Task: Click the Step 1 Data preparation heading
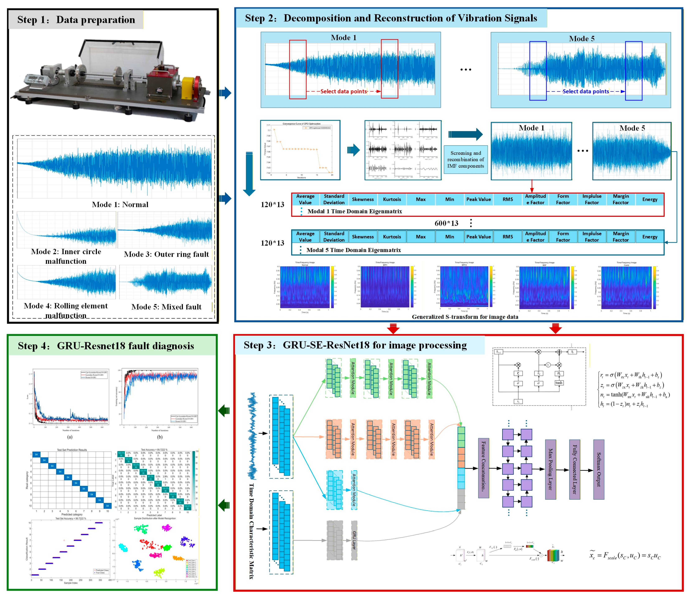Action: [x=76, y=20]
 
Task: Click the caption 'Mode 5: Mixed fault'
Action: [x=166, y=307]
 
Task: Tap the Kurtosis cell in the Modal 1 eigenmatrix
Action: [x=392, y=199]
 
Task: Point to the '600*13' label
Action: [x=446, y=223]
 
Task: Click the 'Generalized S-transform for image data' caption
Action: [x=465, y=317]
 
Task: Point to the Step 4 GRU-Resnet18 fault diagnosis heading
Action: [x=106, y=346]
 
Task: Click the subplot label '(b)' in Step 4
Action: [x=160, y=437]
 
